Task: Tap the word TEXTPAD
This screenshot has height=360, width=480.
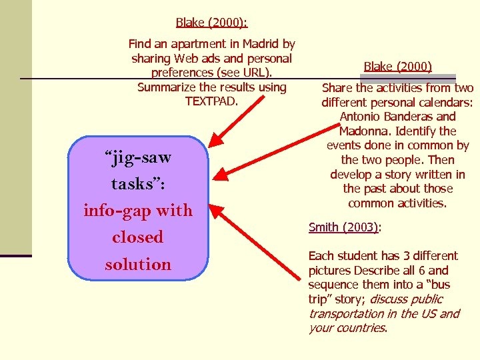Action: (x=211, y=101)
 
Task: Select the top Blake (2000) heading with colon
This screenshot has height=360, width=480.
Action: (x=211, y=23)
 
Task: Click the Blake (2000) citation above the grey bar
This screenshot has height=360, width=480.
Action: (x=398, y=65)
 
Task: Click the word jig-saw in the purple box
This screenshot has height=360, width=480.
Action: (x=138, y=158)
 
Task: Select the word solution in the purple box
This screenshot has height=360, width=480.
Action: (x=138, y=264)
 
